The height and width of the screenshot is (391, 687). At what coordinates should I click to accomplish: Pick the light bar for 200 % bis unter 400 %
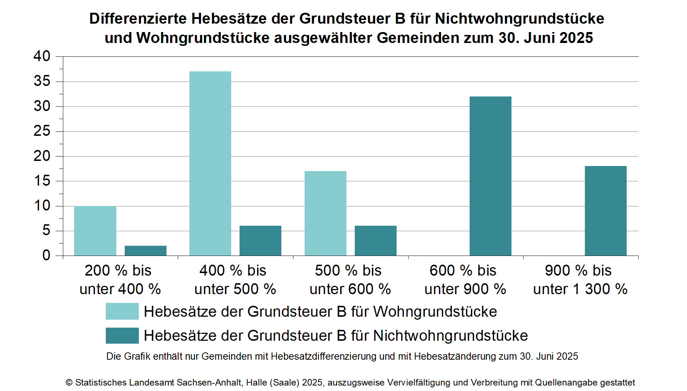click(x=95, y=231)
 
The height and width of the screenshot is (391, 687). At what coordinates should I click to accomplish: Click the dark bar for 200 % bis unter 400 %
click(x=145, y=250)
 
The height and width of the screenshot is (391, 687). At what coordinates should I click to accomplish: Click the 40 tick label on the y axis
click(x=42, y=56)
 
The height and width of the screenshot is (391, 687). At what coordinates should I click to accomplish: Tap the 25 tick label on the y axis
click(x=42, y=131)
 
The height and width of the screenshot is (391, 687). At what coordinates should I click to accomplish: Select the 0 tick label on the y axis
click(x=46, y=256)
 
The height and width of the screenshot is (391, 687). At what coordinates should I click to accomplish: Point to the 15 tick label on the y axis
click(x=42, y=181)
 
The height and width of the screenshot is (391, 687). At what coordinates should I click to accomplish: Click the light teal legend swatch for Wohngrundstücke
click(x=122, y=311)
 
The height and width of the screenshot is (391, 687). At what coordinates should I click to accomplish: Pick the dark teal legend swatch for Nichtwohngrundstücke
click(x=122, y=335)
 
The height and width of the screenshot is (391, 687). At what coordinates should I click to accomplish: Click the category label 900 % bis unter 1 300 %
click(x=580, y=280)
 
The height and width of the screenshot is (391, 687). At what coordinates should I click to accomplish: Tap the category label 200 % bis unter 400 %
click(x=120, y=280)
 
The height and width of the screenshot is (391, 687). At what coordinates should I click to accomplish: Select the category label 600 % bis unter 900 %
click(x=465, y=280)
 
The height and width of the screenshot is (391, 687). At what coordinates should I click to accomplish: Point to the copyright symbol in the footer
click(x=69, y=383)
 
